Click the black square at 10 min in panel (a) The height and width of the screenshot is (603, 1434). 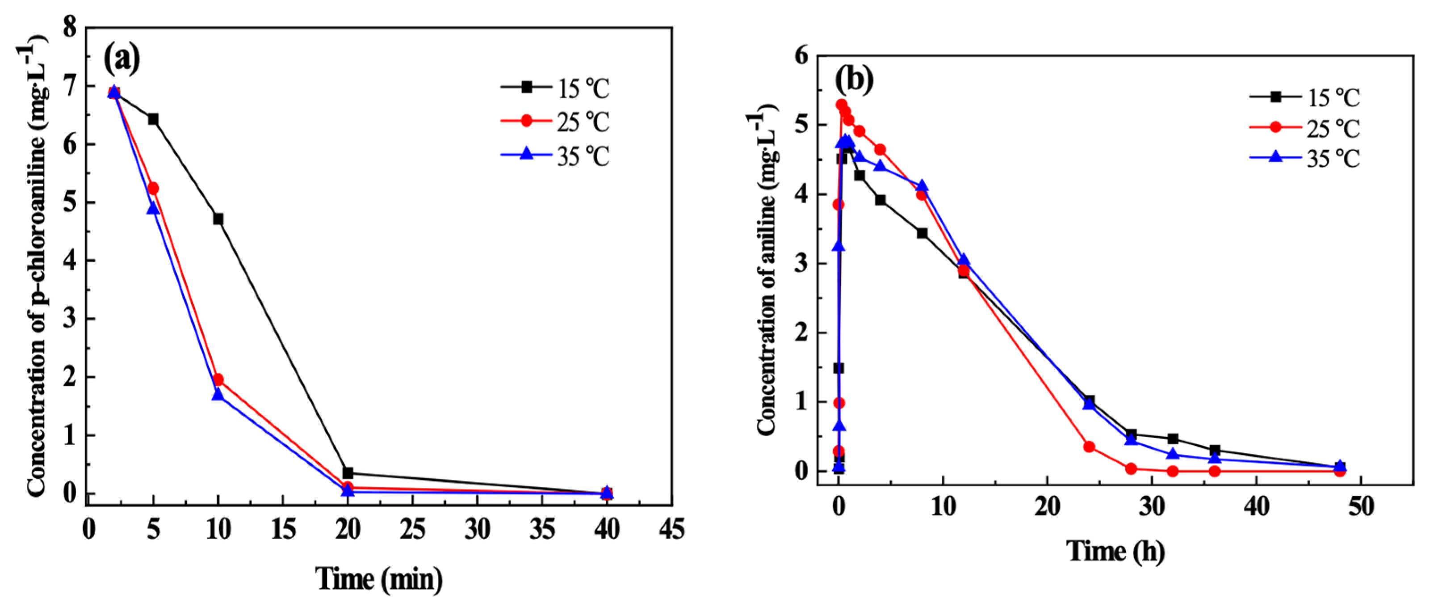[218, 219]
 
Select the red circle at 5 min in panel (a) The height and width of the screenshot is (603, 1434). [153, 188]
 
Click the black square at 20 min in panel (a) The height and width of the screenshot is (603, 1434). [348, 473]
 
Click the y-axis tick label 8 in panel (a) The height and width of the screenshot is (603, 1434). [70, 27]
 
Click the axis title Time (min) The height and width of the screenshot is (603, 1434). [379, 579]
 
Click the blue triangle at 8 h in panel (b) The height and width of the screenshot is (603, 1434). [922, 186]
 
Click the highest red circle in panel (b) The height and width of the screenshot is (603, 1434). [841, 104]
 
